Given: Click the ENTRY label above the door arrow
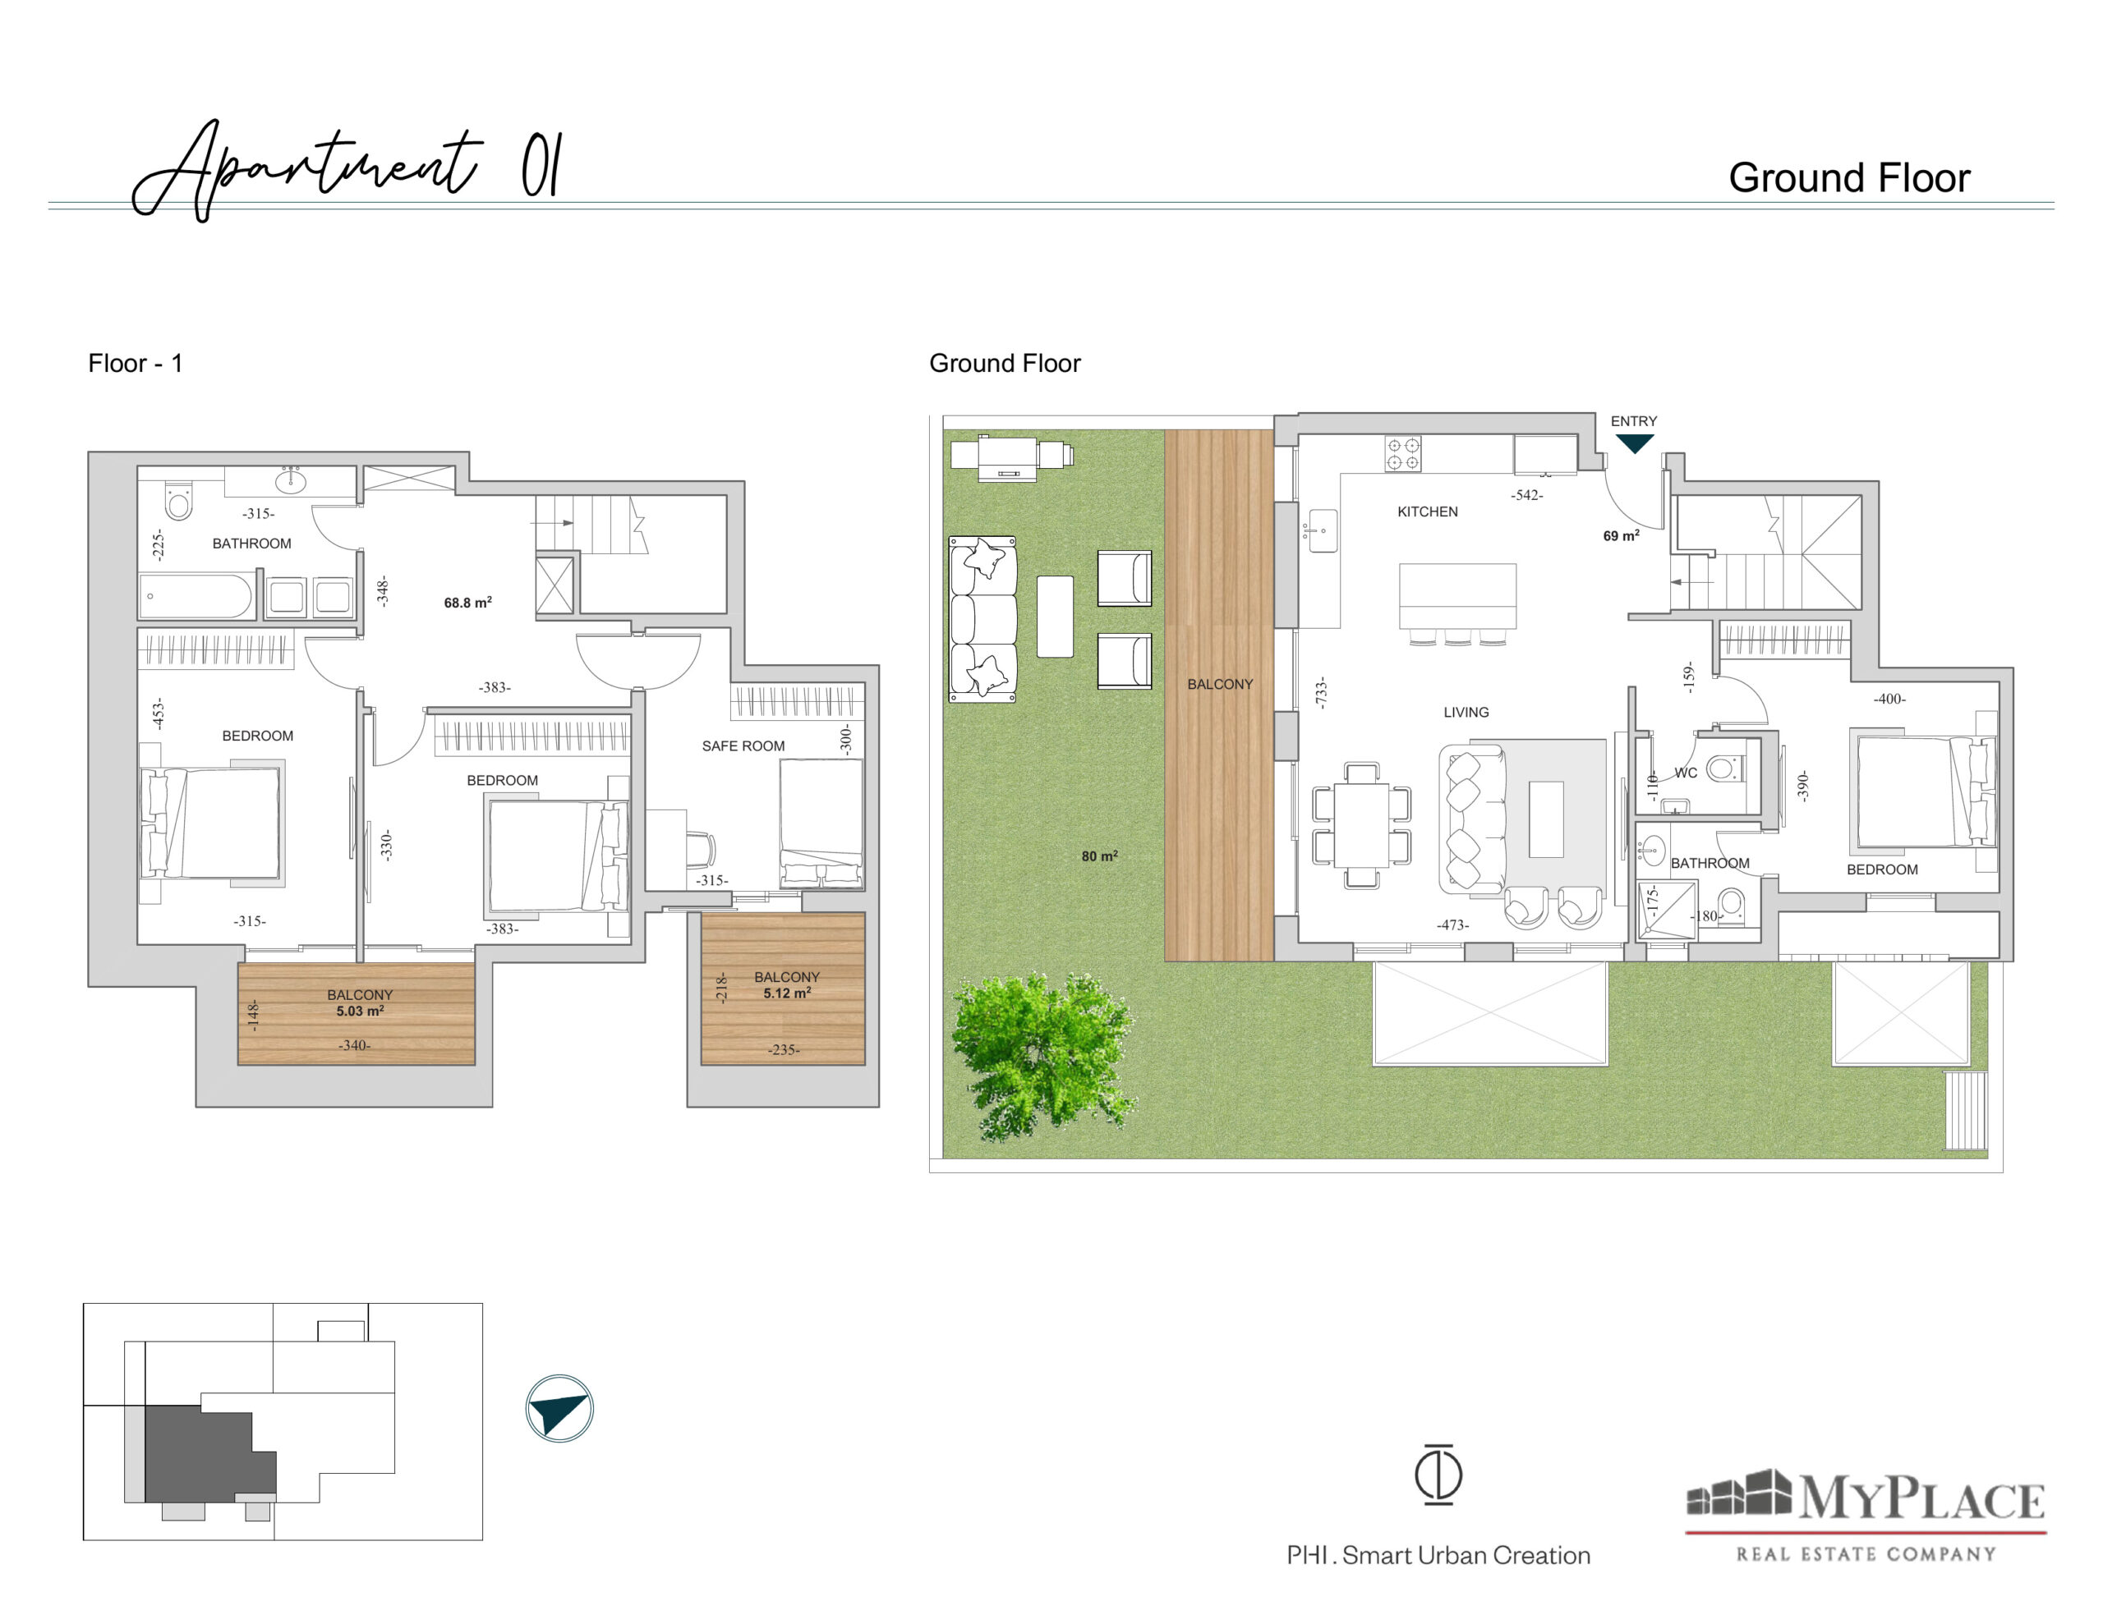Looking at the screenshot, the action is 1634,422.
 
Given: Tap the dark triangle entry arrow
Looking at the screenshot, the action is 1634,443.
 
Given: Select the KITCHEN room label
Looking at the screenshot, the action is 1427,512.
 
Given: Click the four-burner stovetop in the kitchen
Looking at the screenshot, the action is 1403,453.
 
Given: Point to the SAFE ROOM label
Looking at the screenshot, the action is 743,746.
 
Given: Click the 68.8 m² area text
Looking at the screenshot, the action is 468,603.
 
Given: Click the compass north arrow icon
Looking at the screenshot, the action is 559,1408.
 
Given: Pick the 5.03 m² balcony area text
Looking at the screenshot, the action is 360,1011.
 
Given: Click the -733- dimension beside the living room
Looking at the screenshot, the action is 1321,693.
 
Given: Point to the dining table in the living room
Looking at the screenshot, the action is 1361,825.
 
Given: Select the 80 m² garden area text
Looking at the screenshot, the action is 1100,856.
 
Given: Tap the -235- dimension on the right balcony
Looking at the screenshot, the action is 784,1049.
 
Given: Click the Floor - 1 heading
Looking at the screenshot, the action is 135,363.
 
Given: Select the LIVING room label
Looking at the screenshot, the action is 1466,713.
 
